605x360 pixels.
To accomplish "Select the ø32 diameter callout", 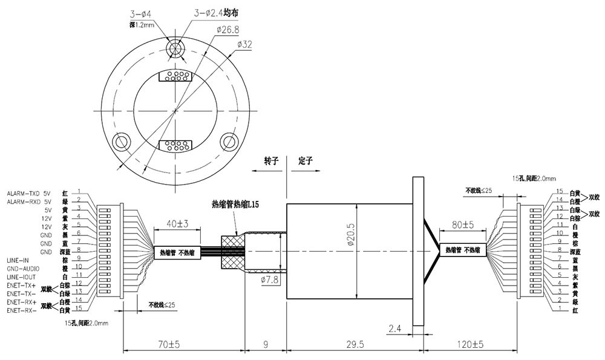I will click(x=244, y=44).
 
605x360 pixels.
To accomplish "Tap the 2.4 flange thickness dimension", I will click(x=394, y=329).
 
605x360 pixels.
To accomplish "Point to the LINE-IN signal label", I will click(x=18, y=258).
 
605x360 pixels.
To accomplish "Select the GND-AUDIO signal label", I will click(x=22, y=267).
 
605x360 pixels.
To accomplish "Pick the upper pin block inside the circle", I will click(x=175, y=76).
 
